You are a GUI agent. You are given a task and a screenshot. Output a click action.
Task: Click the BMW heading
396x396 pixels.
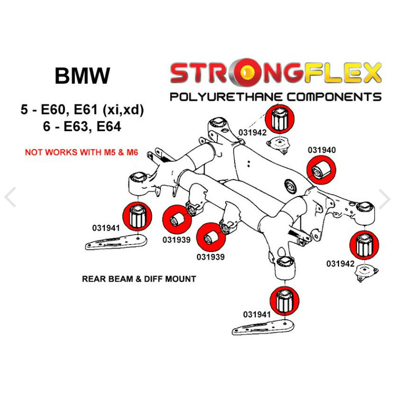point(82,76)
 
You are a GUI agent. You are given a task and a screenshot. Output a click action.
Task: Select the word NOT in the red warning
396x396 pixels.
point(33,152)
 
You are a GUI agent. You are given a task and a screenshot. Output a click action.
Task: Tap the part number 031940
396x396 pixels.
point(322,149)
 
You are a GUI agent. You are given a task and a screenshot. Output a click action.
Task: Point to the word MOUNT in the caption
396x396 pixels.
point(181,279)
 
